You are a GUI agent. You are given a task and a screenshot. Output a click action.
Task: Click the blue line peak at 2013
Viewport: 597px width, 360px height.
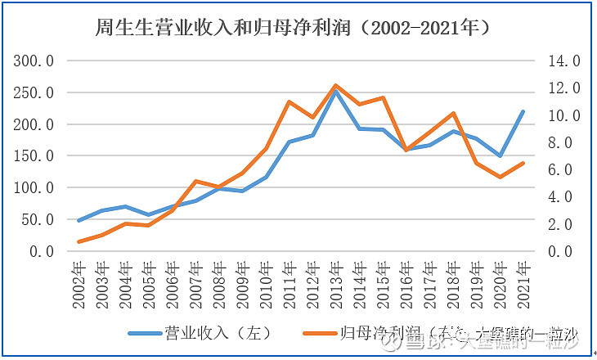coord(336,92)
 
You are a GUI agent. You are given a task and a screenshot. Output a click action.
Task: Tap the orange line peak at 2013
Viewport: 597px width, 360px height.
coord(336,85)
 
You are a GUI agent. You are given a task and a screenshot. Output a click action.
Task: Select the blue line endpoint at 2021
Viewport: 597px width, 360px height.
coord(523,112)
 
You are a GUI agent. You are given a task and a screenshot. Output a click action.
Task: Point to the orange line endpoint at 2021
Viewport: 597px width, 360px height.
coord(523,163)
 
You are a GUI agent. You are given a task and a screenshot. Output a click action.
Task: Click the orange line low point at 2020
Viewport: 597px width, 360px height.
coord(500,177)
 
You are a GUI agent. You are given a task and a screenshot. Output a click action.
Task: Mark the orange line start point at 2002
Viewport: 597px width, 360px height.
coord(79,241)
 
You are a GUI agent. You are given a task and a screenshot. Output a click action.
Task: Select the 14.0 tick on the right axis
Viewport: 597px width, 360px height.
coord(564,61)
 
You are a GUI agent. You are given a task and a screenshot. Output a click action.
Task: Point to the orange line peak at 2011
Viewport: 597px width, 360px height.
coord(290,101)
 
